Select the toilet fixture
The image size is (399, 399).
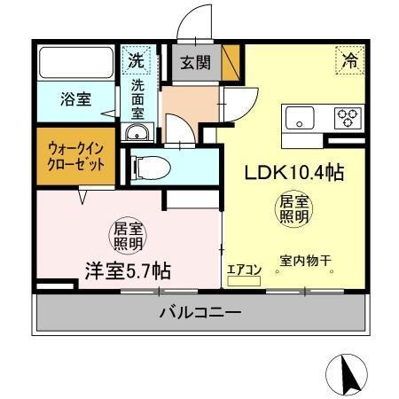click(x=156, y=166)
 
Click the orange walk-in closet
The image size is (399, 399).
click(x=75, y=157)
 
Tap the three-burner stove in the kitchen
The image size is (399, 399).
click(x=346, y=116)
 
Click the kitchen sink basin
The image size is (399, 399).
click(x=299, y=116)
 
